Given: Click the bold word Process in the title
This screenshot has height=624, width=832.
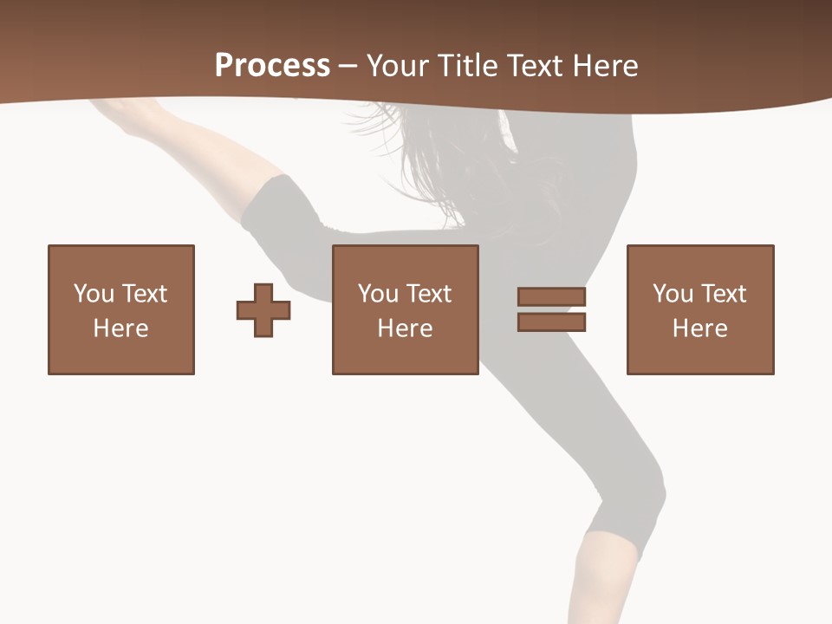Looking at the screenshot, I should point(272,66).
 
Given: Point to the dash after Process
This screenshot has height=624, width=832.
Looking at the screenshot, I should point(348,67).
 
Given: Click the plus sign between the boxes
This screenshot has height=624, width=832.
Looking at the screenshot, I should point(263,309).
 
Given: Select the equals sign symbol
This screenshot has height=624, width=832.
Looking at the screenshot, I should point(551,309).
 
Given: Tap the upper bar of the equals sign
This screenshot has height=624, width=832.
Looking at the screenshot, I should point(551,296).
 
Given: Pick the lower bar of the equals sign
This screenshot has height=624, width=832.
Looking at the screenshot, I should point(551,322).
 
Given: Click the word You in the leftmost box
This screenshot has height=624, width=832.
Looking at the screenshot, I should point(94,294).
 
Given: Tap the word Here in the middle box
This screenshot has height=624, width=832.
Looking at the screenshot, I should point(406,328).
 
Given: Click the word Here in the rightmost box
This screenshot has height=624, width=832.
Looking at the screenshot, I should point(700,328).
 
